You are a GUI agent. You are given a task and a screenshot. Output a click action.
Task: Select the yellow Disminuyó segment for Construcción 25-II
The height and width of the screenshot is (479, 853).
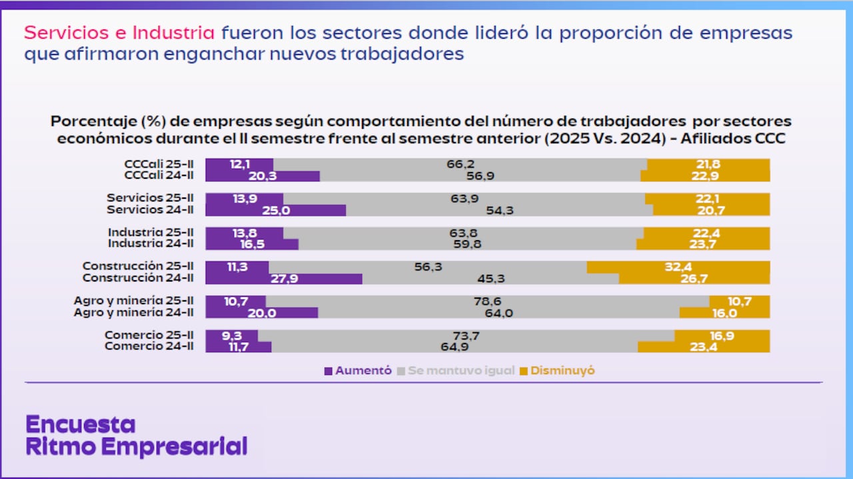click(x=678, y=267)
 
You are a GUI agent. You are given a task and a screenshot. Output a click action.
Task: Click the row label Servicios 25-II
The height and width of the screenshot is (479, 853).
click(x=151, y=198)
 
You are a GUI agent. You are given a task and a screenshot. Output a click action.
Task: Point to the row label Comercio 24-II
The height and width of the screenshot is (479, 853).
click(x=149, y=346)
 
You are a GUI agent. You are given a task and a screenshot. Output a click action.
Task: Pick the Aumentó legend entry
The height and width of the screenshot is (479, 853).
click(x=358, y=371)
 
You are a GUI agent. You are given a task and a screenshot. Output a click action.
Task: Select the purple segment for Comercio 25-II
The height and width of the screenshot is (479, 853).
click(x=231, y=336)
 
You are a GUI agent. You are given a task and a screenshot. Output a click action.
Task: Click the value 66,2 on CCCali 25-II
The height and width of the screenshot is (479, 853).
click(x=460, y=164)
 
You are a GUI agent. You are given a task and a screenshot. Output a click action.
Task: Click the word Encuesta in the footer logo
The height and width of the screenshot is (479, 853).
click(x=80, y=424)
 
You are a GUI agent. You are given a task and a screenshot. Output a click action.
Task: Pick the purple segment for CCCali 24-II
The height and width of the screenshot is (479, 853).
click(x=262, y=176)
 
